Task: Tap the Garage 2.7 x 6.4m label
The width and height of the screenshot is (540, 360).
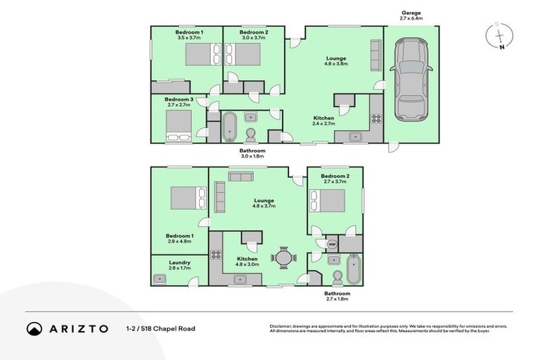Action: pos(411,15)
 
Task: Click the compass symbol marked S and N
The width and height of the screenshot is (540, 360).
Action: pos(499,37)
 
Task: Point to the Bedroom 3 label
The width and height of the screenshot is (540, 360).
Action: pos(179,100)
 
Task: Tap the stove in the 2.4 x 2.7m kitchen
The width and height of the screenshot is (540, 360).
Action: pos(376,119)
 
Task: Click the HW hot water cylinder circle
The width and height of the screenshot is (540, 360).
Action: pos(332,244)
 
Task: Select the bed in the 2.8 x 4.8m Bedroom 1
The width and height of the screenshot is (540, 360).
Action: pos(186,198)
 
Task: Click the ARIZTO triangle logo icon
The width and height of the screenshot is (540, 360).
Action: pos(33,328)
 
